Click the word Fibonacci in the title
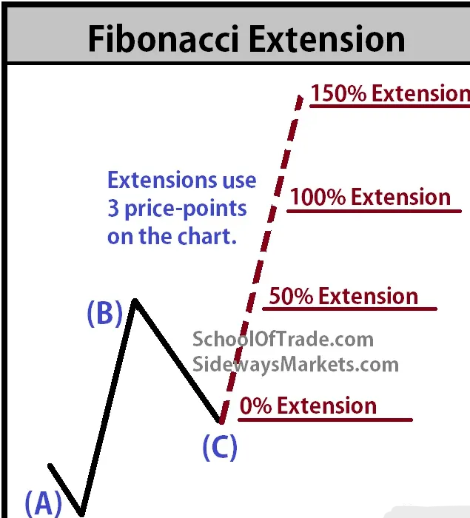tap(164, 38)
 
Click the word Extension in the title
tap(326, 38)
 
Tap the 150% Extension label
tap(390, 93)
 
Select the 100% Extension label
tap(370, 197)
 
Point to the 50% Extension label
tap(343, 296)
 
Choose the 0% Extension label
tap(308, 406)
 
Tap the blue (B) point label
tap(105, 314)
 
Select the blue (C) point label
tap(220, 447)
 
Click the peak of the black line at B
tap(135, 300)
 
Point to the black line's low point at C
tap(220, 421)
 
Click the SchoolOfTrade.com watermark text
tap(283, 339)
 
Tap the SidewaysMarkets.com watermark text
tap(296, 365)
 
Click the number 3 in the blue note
tap(113, 209)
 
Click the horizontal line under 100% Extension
tap(374, 211)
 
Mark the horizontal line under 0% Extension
tap(325, 420)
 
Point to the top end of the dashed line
tap(301, 96)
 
